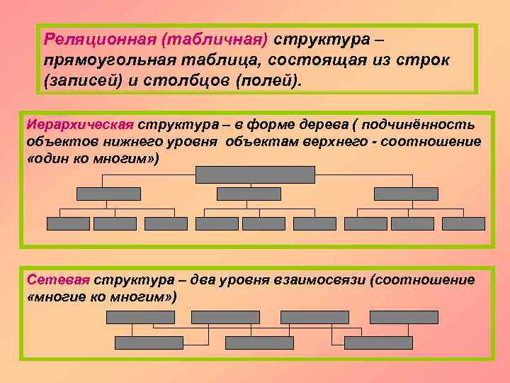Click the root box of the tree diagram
tap(255, 174)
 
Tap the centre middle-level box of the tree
tap(249, 194)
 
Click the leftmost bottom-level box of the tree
tap(68, 223)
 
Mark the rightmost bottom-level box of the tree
tap(463, 223)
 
